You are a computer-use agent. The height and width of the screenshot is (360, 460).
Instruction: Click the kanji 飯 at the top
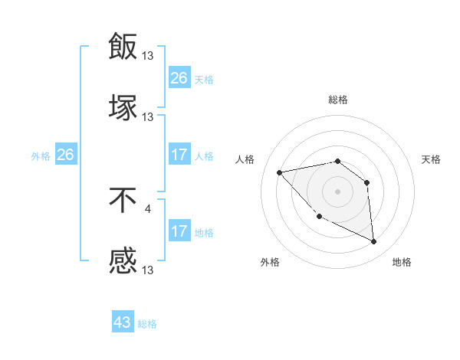coord(123,46)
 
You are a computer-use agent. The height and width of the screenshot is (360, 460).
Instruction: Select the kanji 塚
coord(123,108)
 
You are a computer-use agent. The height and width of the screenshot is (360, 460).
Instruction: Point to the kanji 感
coord(123,263)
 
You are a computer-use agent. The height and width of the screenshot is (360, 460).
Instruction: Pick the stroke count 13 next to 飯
coord(148,55)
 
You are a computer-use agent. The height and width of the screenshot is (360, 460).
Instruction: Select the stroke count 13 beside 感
coord(148,270)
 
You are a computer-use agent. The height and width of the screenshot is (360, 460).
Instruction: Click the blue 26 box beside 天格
coord(179,78)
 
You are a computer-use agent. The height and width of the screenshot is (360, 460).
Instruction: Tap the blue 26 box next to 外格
coord(65,155)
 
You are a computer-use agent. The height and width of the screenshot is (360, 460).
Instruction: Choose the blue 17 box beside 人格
coord(179,155)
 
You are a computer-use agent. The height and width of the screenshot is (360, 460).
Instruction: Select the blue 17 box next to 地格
coord(179,232)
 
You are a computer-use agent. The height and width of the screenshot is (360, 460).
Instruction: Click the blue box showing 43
coord(123,322)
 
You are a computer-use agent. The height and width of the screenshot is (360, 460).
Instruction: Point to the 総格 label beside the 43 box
coord(148,324)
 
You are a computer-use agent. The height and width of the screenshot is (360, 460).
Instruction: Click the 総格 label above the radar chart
coord(338,100)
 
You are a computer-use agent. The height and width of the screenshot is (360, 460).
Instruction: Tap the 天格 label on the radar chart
coord(432,159)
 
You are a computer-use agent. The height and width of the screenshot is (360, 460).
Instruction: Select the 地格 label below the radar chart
coord(402,263)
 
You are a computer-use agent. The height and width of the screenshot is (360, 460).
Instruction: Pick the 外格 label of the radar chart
coord(270,263)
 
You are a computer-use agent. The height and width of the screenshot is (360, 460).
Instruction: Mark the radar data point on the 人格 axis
coord(280,172)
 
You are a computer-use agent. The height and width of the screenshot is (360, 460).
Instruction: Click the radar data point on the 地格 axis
coord(374,242)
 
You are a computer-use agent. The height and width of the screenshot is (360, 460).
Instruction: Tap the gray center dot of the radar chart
coord(337,191)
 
